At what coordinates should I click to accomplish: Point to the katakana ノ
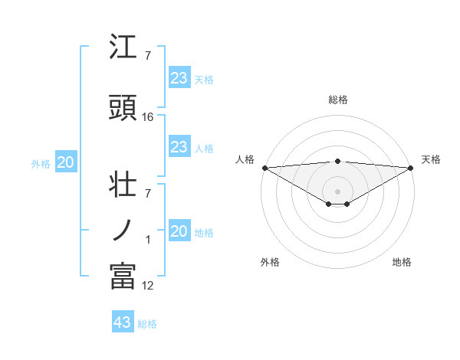(x=123, y=229)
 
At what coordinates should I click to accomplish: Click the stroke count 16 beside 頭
(x=148, y=116)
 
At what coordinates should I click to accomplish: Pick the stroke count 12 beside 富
(x=148, y=286)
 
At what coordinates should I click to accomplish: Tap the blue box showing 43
(x=123, y=322)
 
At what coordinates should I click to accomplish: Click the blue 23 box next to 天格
(x=179, y=78)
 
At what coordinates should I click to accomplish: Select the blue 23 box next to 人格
(x=179, y=147)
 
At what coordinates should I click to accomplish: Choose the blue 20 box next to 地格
(x=179, y=231)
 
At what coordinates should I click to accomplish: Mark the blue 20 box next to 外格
(x=66, y=162)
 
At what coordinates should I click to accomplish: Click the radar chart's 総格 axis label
(x=338, y=100)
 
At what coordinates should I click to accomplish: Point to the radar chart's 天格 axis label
(x=431, y=159)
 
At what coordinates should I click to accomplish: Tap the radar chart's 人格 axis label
(x=245, y=159)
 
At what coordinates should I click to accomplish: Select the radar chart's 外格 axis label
(x=270, y=262)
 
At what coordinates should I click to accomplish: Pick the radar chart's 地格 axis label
(x=402, y=262)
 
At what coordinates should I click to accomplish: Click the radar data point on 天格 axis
(x=411, y=167)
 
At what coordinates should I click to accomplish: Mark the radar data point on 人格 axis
(x=264, y=167)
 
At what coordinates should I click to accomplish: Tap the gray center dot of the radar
(x=338, y=191)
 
